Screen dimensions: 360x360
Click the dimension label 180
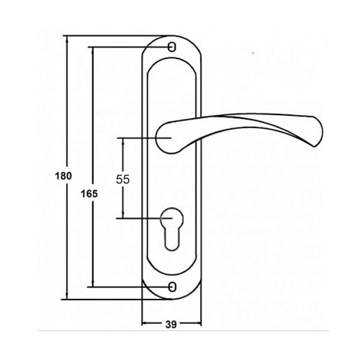pos(63,176)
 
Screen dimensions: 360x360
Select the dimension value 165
pos(89,194)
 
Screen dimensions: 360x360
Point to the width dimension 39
pos(171,324)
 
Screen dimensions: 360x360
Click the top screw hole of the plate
pos(172,47)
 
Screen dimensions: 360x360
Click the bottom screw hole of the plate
pos(172,287)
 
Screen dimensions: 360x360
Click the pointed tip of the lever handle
pos(314,146)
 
